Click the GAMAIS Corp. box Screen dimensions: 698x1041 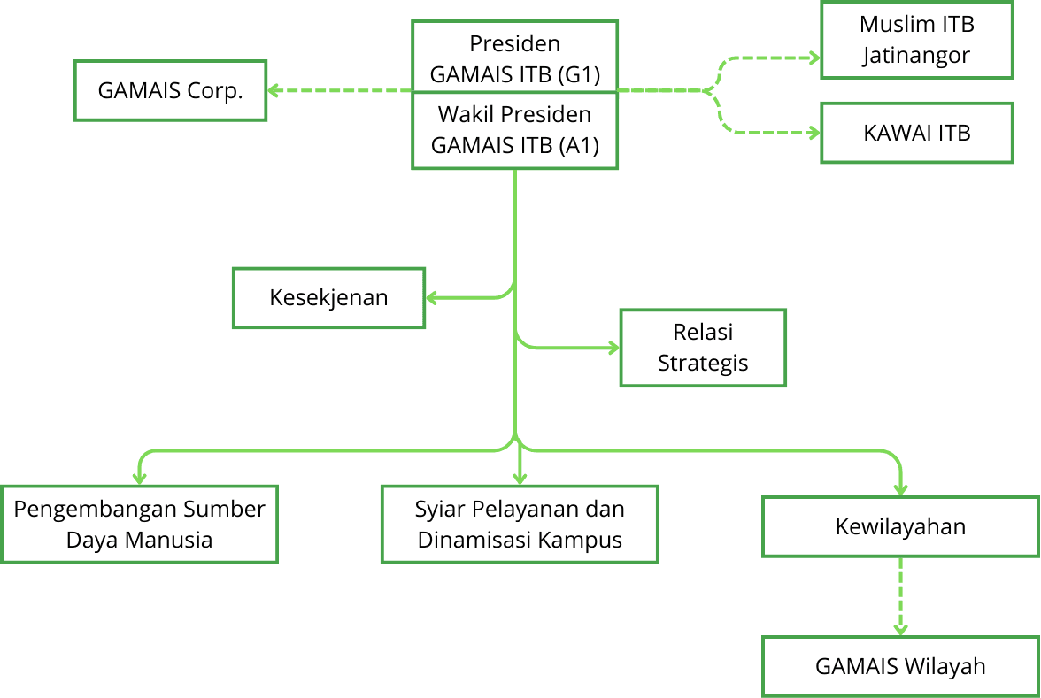pos(170,90)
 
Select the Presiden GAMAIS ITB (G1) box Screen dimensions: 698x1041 pos(514,58)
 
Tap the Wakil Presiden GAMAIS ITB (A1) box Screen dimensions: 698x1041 pos(514,129)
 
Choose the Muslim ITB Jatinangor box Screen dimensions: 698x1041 pos(916,40)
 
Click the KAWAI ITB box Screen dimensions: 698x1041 pos(916,133)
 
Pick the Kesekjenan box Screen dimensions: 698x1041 pos(328,297)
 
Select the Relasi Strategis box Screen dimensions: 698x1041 pos(703,348)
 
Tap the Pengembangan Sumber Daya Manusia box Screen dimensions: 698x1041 pos(139,524)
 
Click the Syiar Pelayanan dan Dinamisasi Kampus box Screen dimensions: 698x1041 pos(520,524)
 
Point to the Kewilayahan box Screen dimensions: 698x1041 pos(900,527)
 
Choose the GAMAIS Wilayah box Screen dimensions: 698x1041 pos(900,665)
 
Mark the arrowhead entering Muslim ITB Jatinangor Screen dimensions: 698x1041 pos(814,58)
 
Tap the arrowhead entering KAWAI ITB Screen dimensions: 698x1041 pos(814,134)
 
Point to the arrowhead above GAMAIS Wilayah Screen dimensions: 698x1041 pos(900,629)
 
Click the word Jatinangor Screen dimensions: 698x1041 pos(916,55)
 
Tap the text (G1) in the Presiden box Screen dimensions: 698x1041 pos(581,74)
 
